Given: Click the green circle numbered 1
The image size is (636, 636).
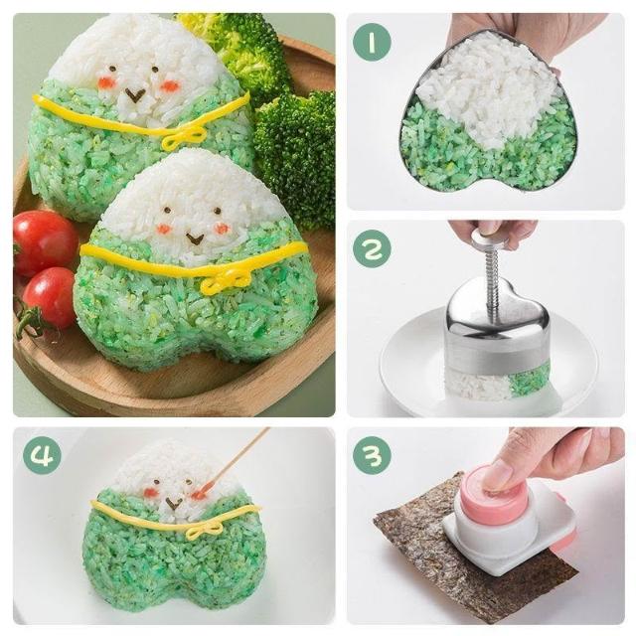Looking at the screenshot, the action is (x=372, y=43).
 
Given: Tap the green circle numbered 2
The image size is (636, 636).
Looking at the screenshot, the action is (x=372, y=248).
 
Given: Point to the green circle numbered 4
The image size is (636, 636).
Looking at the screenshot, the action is (x=42, y=455).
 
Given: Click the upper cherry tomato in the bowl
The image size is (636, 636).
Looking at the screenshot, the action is (x=44, y=242).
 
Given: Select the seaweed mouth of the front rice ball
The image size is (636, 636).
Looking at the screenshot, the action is (x=195, y=239).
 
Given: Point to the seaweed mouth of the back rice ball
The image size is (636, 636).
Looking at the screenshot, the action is (x=135, y=95).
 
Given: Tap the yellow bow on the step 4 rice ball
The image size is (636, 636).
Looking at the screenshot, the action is (x=204, y=530).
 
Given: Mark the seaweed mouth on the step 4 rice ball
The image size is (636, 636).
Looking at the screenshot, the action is (x=174, y=504).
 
